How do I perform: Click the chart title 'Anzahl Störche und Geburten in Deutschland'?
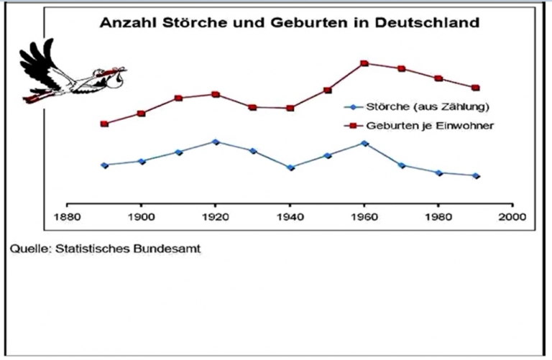pyautogui.click(x=287, y=22)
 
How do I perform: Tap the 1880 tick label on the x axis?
pyautogui.click(x=67, y=215)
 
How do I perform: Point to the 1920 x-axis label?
pyautogui.click(x=216, y=215)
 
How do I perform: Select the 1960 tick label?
pyautogui.click(x=364, y=215)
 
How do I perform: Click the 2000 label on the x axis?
pyautogui.click(x=512, y=215)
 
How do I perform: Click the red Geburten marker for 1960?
pyautogui.click(x=364, y=63)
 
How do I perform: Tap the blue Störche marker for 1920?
pyautogui.click(x=216, y=142)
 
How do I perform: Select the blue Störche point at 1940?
pyautogui.click(x=290, y=167)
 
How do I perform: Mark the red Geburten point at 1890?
pyautogui.click(x=104, y=124)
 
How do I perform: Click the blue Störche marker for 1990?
pyautogui.click(x=476, y=175)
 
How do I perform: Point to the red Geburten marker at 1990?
pyautogui.click(x=476, y=88)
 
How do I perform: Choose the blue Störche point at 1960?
pyautogui.click(x=364, y=143)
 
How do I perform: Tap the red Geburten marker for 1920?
pyautogui.click(x=216, y=94)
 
